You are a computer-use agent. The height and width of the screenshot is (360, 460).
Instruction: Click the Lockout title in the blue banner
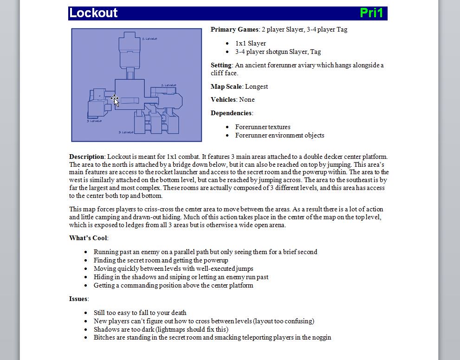point(93,13)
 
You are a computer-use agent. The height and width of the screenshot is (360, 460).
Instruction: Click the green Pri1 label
point(371,13)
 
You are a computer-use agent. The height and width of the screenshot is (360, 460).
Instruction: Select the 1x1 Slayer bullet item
point(250,43)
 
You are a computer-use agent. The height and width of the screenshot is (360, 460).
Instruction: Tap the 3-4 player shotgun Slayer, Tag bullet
point(278,52)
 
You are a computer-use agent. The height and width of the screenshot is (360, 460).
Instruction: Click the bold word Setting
point(221,65)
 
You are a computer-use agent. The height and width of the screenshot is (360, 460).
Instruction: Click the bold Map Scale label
point(226,86)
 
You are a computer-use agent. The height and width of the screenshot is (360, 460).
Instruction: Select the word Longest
point(256,86)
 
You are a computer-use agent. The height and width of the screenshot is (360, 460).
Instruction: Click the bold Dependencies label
point(232,113)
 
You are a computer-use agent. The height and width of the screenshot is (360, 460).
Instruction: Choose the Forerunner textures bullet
point(263,127)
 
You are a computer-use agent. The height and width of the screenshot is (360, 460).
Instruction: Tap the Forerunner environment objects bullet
point(279,136)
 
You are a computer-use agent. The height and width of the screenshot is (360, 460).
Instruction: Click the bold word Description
point(86,157)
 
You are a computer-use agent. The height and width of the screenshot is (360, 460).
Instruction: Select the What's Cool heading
point(88,238)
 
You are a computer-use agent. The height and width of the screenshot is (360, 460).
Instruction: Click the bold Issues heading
point(78,299)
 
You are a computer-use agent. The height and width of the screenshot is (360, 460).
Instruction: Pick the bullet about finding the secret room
point(161,260)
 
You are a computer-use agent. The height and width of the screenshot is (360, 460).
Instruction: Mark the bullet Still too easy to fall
point(140,313)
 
